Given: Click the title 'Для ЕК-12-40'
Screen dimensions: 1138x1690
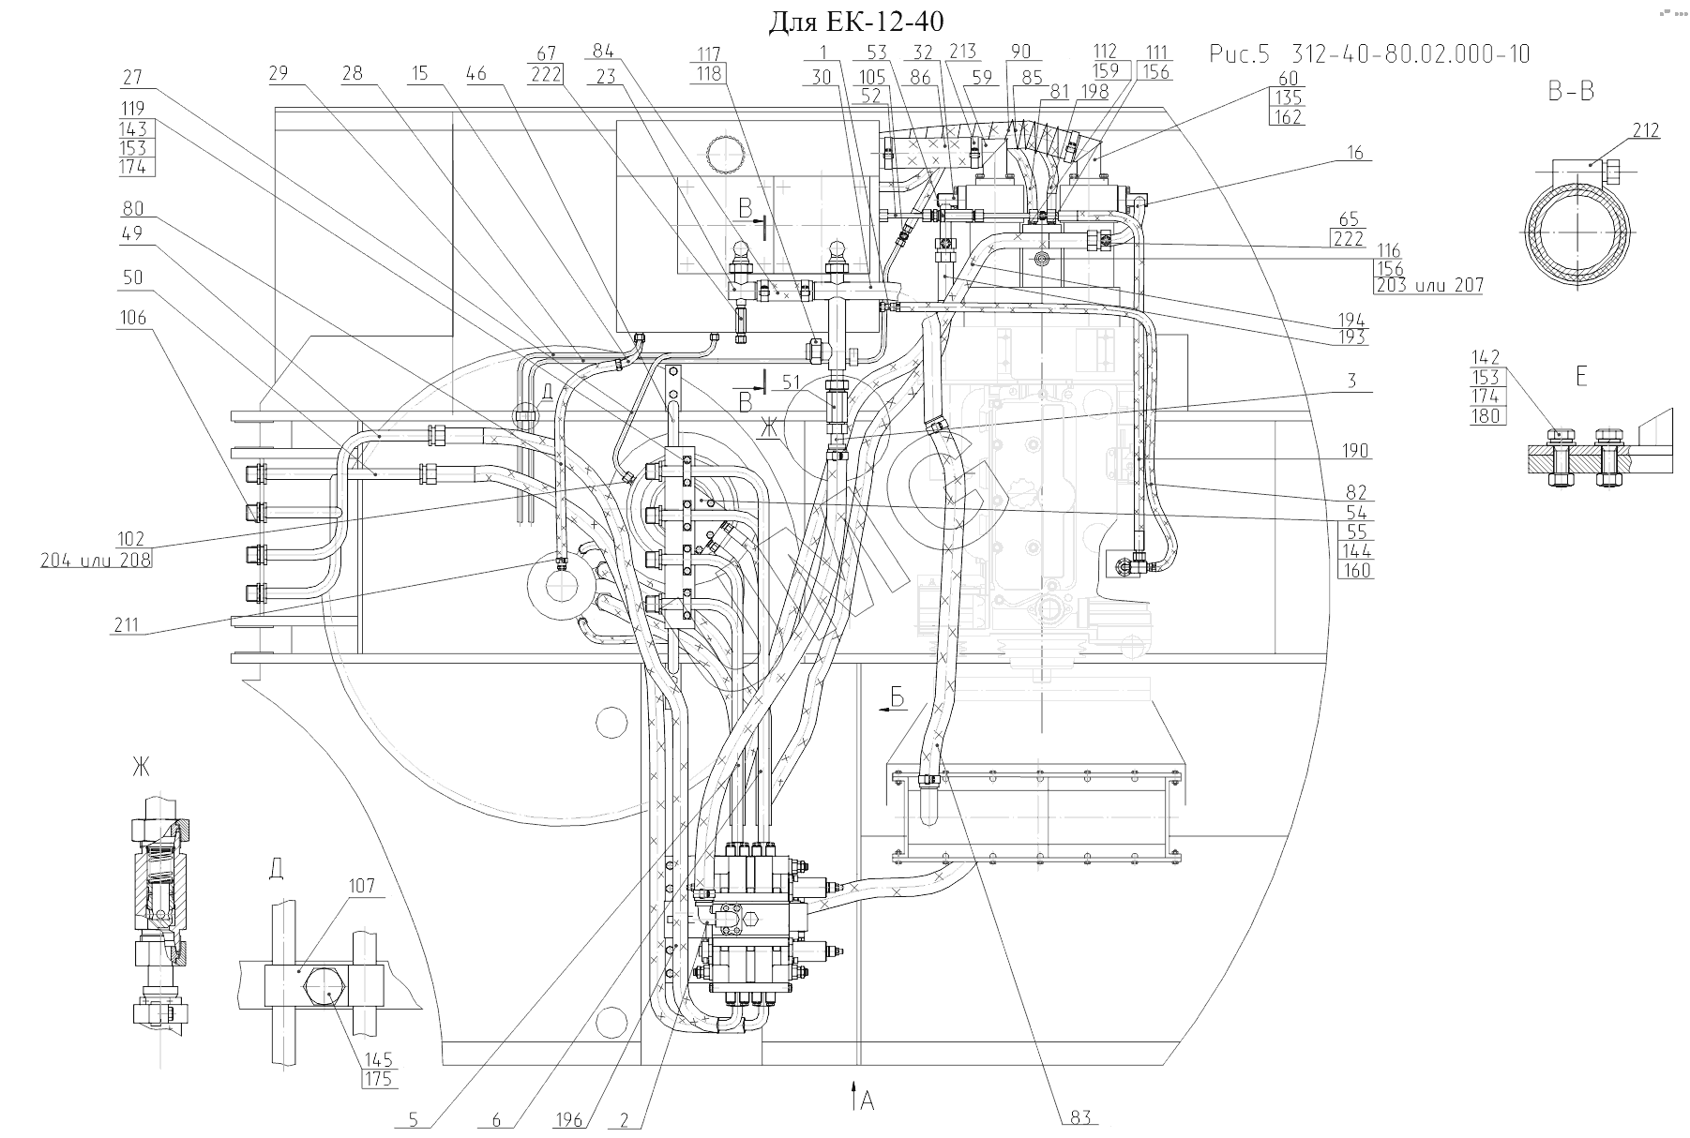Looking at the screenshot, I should coord(855,22).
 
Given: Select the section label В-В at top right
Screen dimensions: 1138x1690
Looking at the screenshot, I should coord(1571,92).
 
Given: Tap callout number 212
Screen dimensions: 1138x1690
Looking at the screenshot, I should coord(1645,130).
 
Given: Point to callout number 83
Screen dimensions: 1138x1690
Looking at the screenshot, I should coord(1081,1116).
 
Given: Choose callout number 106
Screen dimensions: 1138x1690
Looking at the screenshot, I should coord(133,318).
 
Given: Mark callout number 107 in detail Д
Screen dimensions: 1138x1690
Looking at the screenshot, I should coord(361,886).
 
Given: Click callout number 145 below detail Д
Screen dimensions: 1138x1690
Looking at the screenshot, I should coord(378,1059).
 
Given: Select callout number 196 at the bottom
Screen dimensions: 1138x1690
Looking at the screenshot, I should coord(568,1119).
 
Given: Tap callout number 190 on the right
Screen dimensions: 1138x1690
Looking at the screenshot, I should coord(1355,451).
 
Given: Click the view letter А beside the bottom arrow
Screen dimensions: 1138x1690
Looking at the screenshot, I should coord(868,1101).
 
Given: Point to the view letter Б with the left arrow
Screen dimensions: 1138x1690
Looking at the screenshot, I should coord(897,696).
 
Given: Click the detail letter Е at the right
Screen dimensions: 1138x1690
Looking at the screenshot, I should coord(1581,377).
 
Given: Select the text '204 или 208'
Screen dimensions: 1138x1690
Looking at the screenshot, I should coord(96,559).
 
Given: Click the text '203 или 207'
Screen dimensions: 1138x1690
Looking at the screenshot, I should coord(1430,285).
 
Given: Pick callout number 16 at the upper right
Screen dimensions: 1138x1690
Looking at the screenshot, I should coord(1356,153).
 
